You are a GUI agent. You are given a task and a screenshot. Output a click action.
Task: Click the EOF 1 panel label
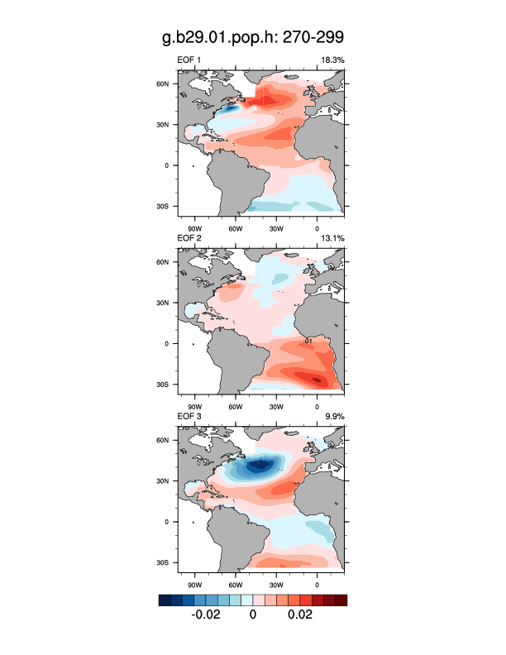coord(189,60)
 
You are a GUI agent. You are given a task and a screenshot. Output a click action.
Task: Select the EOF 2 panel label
coord(189,238)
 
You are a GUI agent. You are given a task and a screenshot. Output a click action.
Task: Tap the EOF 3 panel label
coord(189,416)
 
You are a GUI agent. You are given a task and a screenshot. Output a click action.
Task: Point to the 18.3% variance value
coord(332,60)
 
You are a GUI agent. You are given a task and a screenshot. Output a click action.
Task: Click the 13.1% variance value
coord(332,238)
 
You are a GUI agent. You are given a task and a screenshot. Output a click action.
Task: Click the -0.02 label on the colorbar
coord(205,616)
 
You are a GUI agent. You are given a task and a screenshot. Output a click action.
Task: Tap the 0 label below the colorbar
coord(252,616)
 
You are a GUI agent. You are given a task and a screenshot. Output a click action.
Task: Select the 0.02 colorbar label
coord(298,616)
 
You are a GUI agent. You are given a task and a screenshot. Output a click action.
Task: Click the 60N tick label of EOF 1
coord(164,84)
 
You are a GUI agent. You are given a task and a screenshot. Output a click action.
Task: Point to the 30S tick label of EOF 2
coord(164,385)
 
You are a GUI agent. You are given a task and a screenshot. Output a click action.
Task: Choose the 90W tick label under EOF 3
coord(193,584)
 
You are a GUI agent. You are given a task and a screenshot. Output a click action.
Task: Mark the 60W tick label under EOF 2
coord(234,406)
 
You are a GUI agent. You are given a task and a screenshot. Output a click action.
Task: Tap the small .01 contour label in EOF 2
coord(307,341)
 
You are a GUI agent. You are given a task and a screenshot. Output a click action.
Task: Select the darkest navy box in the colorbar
coord(165,600)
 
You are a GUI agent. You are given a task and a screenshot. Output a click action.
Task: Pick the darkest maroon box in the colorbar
coord(341,600)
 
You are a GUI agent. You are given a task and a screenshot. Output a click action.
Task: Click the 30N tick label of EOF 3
coord(164,480)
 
